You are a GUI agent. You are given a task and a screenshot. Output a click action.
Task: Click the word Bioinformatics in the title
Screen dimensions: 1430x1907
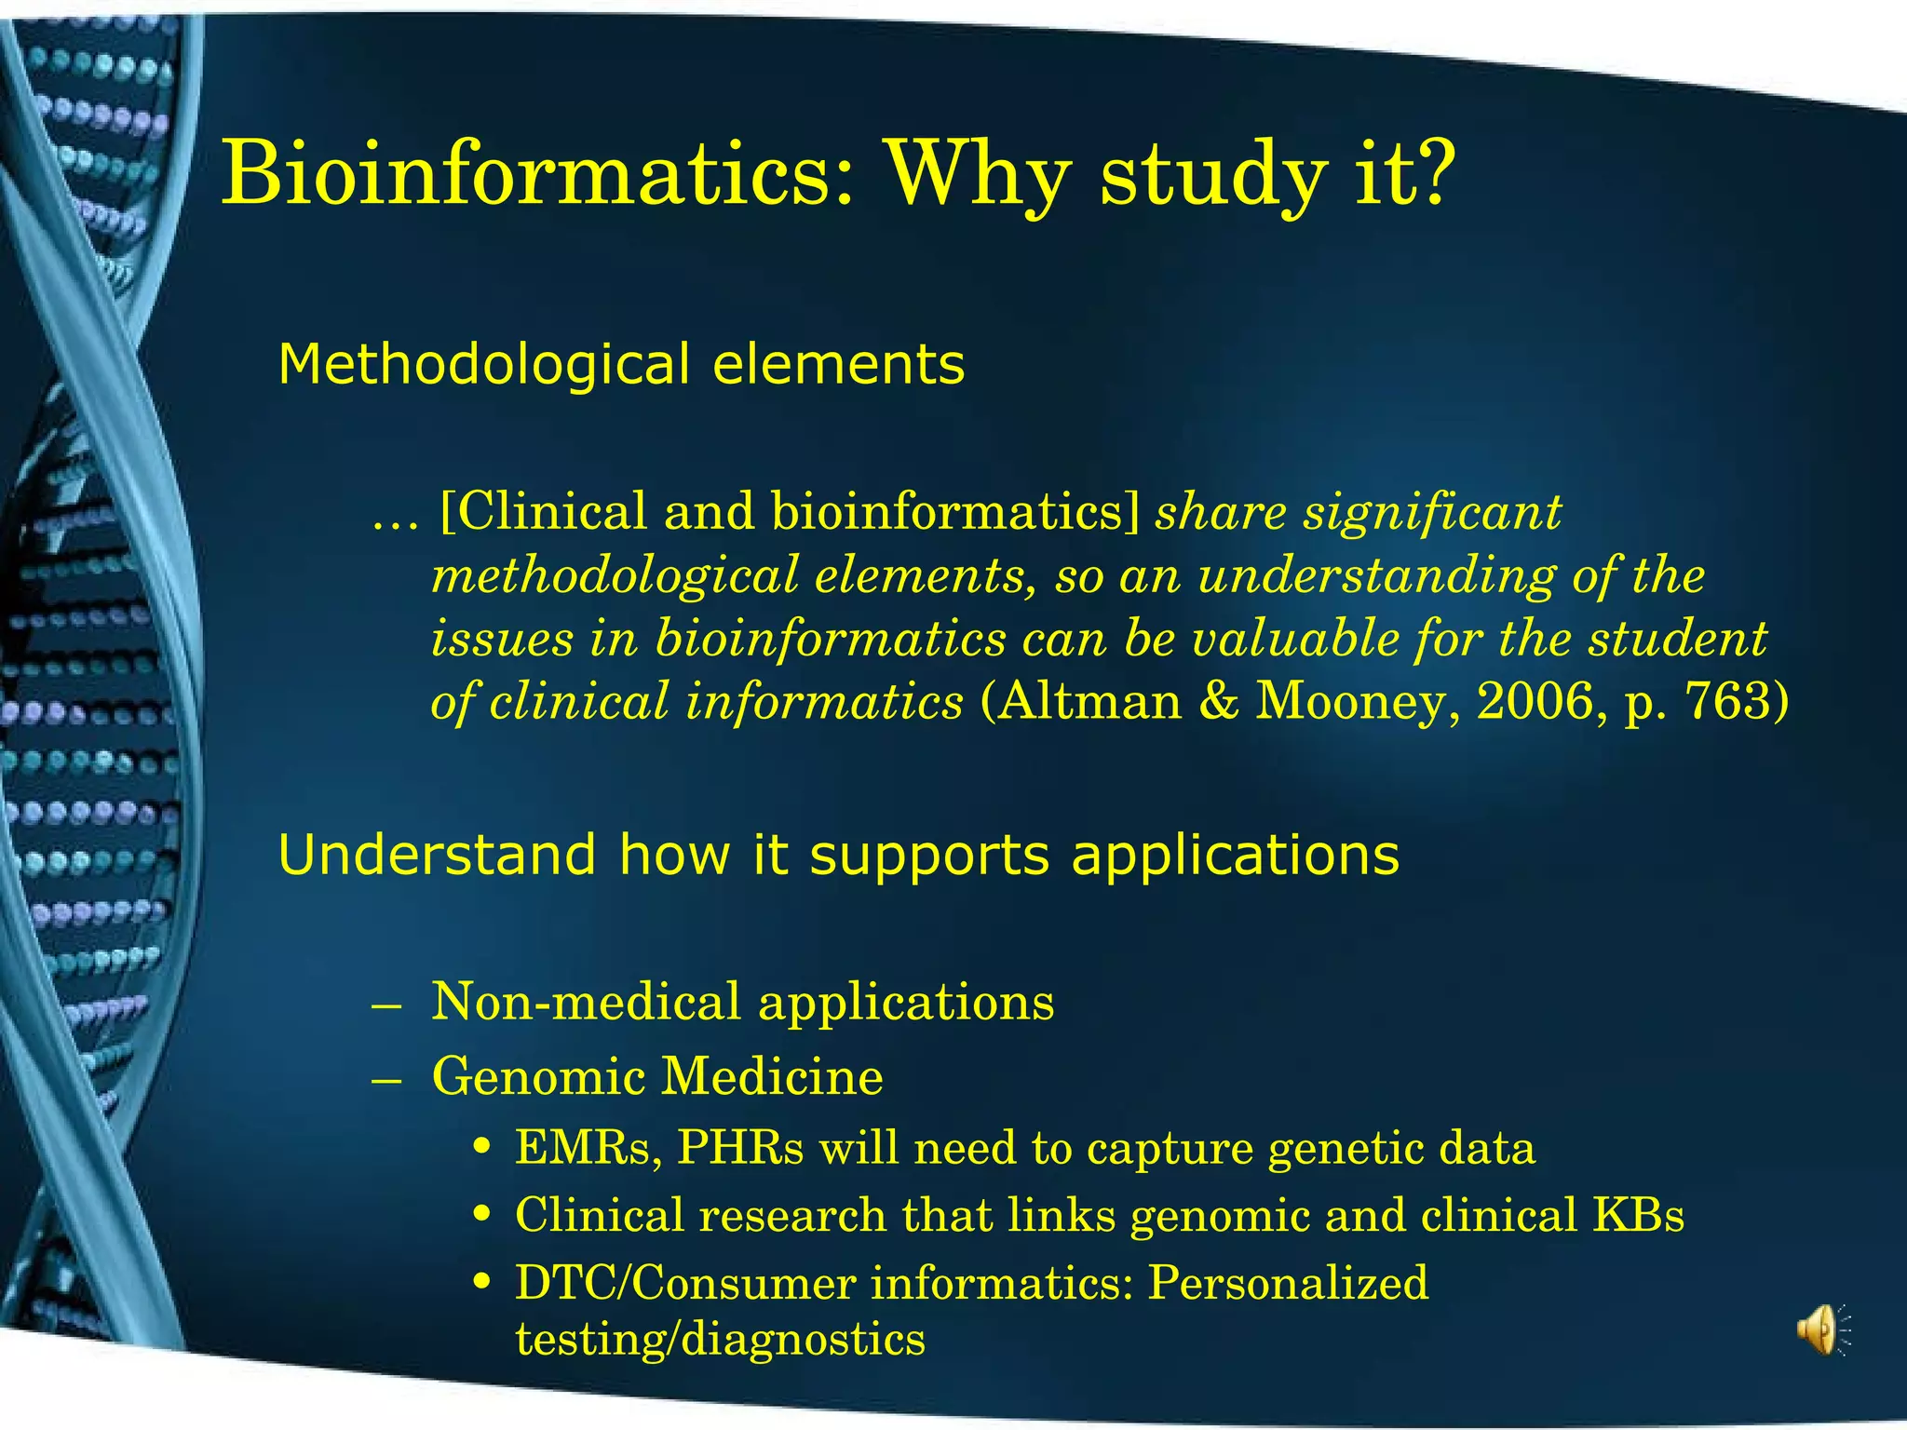pos(536,174)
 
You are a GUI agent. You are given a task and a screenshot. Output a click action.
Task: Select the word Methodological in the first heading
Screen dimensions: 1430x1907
pos(483,364)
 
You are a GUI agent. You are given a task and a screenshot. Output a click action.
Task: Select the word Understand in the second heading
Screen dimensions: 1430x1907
pos(437,855)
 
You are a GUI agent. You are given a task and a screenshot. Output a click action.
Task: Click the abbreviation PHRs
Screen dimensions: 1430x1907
pos(739,1148)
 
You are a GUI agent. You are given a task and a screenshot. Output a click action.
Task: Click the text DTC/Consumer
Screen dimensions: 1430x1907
pos(684,1283)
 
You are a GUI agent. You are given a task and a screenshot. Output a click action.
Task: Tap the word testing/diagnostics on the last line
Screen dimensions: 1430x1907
pos(720,1341)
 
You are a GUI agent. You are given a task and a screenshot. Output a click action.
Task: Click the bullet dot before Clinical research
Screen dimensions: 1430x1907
pos(481,1216)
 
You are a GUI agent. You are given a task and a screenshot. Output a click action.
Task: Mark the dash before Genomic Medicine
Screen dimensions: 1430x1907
pos(385,1080)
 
